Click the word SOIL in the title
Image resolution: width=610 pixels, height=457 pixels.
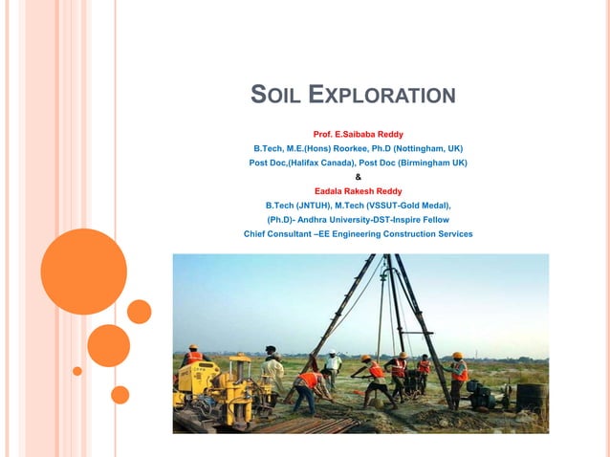pyautogui.click(x=274, y=95)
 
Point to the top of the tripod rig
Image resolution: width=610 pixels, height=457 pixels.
pyautogui.click(x=387, y=257)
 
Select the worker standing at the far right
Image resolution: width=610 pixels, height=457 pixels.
pyautogui.click(x=459, y=379)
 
